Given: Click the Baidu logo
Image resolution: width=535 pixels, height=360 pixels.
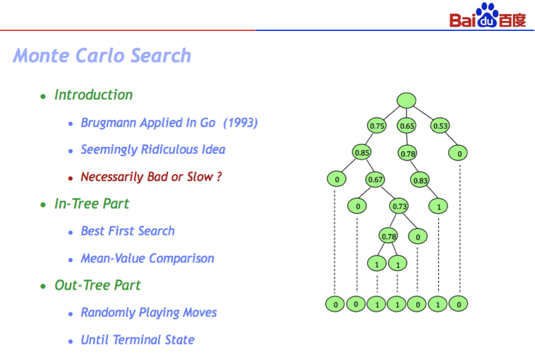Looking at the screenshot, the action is coord(487,15).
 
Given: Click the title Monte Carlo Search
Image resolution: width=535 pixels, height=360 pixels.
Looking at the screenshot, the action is coord(102,56).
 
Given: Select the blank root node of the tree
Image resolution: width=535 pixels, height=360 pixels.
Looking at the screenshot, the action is coord(407,101).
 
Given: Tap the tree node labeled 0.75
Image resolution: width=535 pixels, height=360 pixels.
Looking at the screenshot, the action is coord(377,126).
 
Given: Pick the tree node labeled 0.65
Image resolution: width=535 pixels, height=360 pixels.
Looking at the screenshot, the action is coord(407,126).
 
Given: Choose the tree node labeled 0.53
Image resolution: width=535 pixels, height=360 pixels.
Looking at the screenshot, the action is coord(440,126).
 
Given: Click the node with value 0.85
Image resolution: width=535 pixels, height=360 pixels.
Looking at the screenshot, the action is coord(362,153).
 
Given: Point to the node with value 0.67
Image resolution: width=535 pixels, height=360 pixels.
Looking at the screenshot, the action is coord(375,179).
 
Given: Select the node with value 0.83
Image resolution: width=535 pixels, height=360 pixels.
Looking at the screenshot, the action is coord(420,180).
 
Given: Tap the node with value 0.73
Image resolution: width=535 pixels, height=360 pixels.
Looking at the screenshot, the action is coord(399,206).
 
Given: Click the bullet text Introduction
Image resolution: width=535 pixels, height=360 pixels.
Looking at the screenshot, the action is coord(93,94).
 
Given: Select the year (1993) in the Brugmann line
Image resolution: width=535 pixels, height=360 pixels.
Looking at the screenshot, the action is coord(240,123).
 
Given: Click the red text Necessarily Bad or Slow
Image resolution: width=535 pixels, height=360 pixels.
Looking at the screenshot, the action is coord(151,177).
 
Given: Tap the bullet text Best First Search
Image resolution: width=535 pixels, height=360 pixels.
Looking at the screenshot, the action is coord(128,231).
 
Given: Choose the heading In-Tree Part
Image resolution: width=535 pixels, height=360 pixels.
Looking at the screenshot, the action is coord(92,204).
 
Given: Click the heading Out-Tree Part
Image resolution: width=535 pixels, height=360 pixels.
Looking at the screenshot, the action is coord(98,285).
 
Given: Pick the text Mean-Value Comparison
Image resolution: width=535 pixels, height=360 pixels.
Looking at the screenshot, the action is coord(148,258).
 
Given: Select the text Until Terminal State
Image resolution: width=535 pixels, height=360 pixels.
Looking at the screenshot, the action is coord(138,340).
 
